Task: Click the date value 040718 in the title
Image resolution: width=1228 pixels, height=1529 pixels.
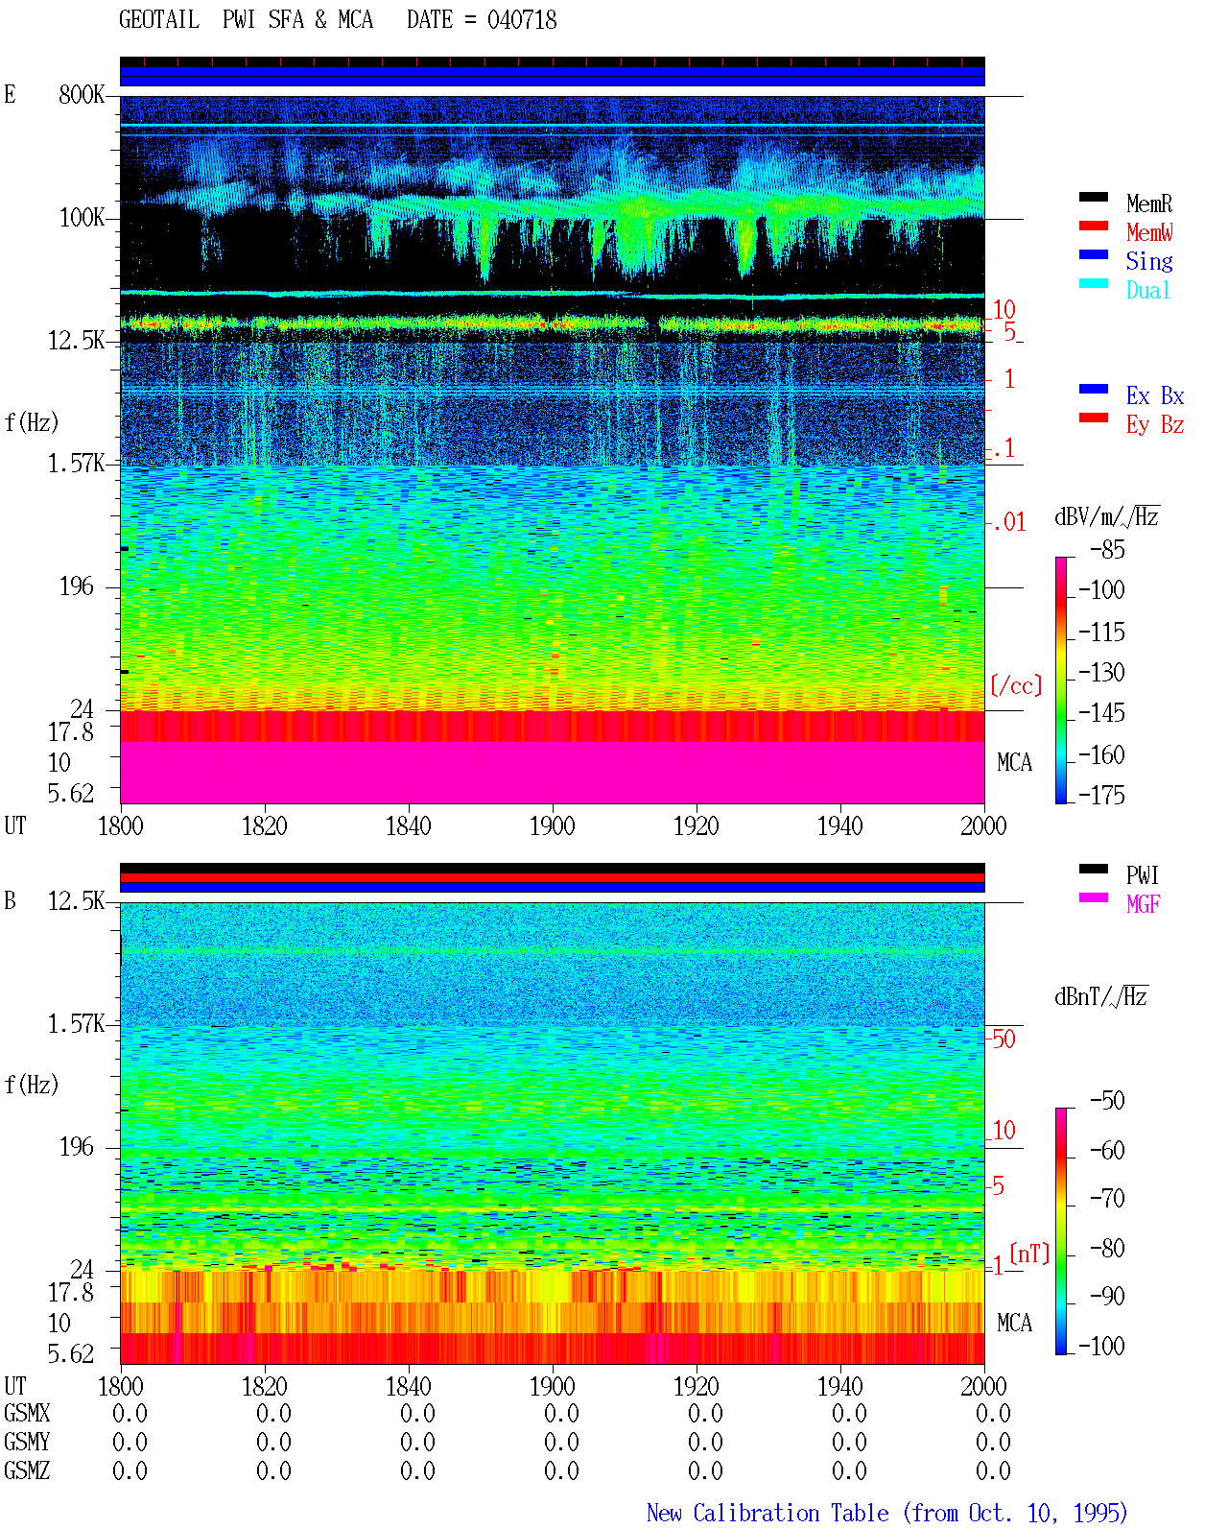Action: pos(521,20)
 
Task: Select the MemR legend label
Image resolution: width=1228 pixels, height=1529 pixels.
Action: pos(1148,203)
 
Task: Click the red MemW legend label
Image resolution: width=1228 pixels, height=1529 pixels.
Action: pos(1149,232)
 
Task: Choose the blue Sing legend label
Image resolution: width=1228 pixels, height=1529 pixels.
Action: pos(1148,261)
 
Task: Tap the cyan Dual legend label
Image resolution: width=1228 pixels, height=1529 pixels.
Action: pos(1147,290)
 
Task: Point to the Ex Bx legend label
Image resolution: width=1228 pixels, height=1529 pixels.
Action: pos(1154,395)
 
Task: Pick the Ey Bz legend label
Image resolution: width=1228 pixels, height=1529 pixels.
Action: pos(1154,425)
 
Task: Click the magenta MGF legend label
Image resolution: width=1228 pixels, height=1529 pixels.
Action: pos(1143,904)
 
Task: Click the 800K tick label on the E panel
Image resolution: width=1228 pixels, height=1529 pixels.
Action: pos(82,94)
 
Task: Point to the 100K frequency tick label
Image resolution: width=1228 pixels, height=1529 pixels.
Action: pos(82,218)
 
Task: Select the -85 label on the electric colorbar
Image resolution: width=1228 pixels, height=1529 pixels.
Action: pos(1107,550)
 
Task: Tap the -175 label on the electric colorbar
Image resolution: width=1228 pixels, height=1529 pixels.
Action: pos(1101,795)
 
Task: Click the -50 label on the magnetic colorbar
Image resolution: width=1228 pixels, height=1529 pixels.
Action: pos(1107,1101)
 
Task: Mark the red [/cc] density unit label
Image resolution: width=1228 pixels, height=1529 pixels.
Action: pos(1016,685)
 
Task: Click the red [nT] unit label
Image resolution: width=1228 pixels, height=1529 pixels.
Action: pos(1029,1253)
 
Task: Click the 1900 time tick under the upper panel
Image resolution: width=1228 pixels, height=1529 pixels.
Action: pos(552,825)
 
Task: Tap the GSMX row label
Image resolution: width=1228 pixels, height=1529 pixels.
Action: pos(27,1413)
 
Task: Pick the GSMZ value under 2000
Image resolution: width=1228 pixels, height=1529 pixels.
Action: pos(993,1470)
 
